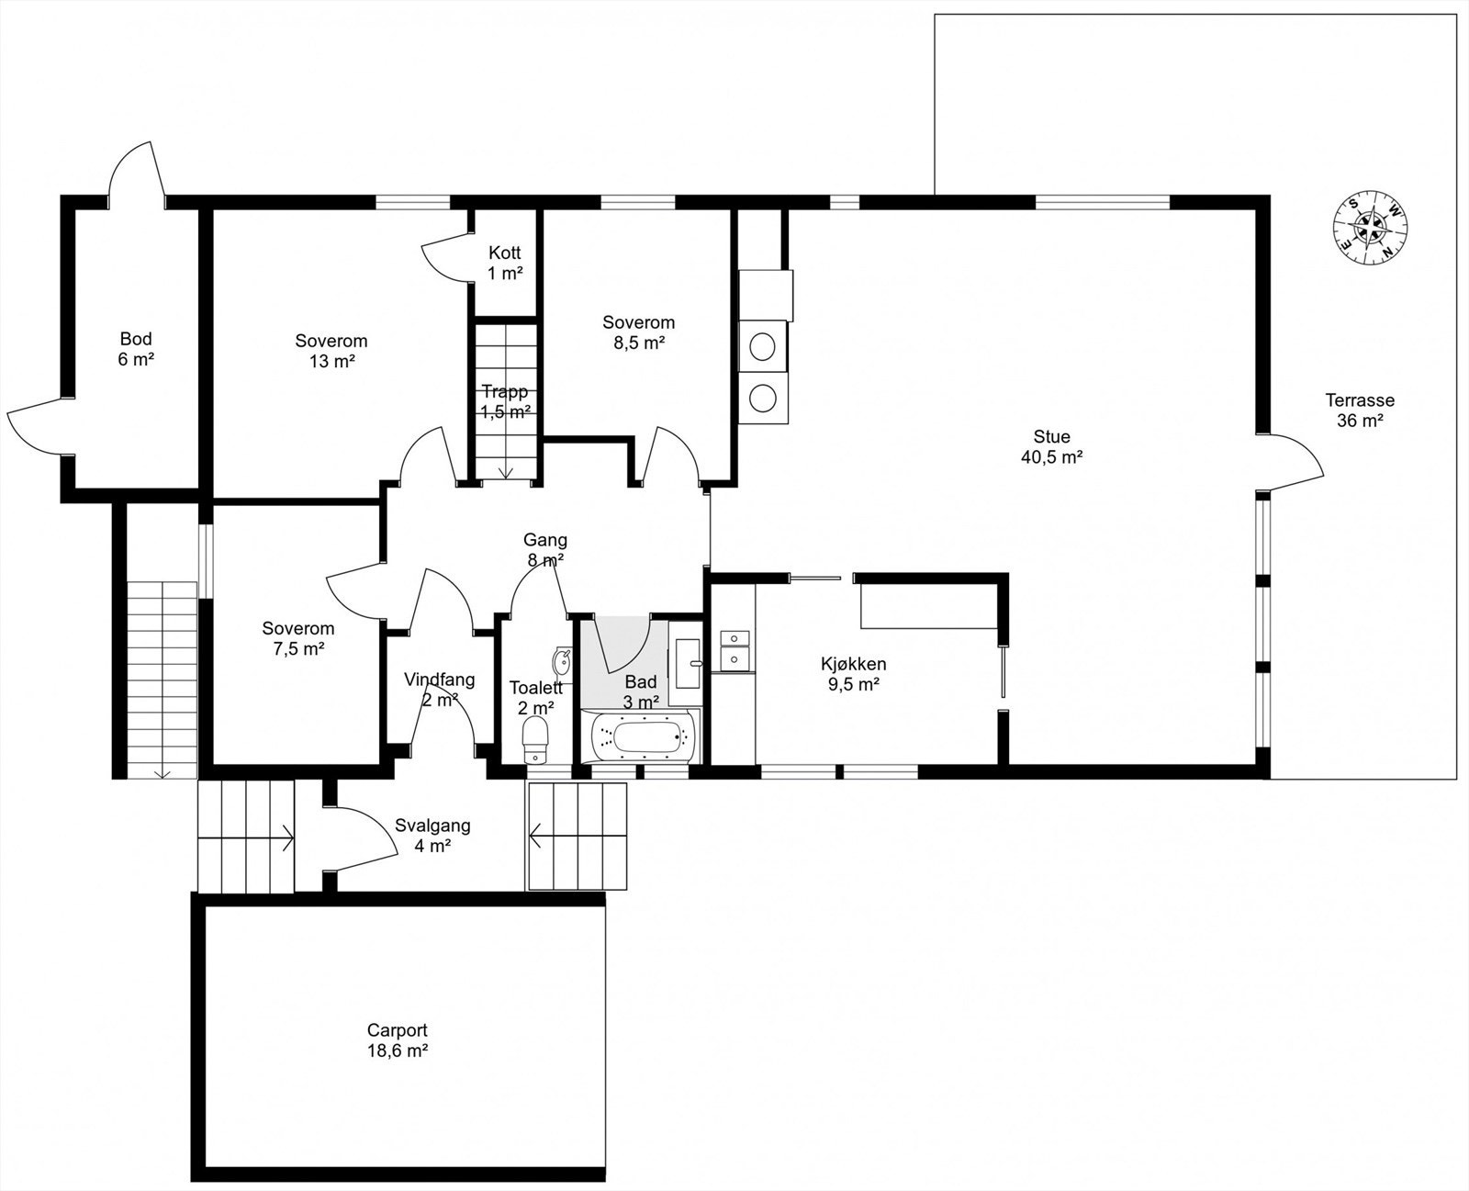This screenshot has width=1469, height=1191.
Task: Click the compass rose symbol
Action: (x=1370, y=227)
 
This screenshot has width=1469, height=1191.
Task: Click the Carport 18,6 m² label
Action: (x=398, y=1040)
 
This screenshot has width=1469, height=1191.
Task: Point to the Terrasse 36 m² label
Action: (x=1360, y=410)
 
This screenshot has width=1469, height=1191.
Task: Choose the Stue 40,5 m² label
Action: (x=1052, y=446)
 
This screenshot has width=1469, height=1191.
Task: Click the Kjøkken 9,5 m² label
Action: (x=854, y=674)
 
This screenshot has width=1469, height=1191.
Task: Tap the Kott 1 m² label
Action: (x=505, y=263)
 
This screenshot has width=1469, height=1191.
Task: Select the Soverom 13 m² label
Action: (x=331, y=351)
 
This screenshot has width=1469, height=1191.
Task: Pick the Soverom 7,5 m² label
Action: (x=298, y=638)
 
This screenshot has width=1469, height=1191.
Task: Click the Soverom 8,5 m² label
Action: (x=639, y=331)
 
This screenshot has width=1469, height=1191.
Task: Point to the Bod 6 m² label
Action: (x=136, y=348)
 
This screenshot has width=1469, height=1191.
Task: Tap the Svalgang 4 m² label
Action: (x=433, y=835)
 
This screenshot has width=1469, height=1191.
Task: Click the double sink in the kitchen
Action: (x=735, y=650)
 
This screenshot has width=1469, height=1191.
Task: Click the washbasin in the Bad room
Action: (x=688, y=663)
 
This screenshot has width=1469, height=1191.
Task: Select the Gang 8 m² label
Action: (x=545, y=550)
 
